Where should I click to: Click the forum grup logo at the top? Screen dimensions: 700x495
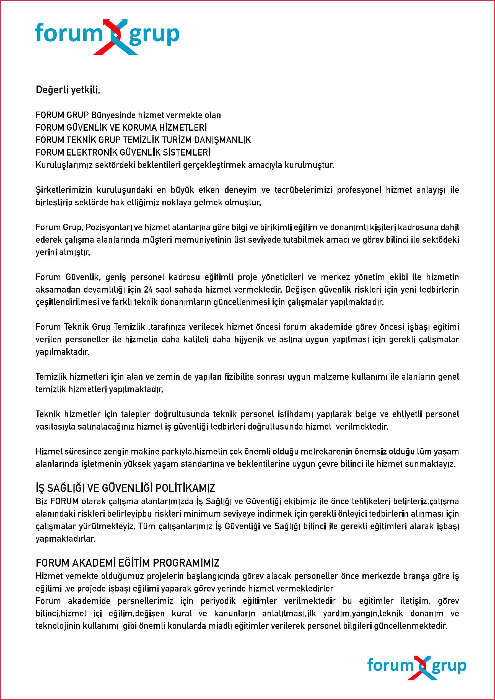(107, 37)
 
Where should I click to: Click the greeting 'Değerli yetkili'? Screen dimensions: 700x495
(68, 90)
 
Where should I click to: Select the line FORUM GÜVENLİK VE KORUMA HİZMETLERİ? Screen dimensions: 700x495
(121, 127)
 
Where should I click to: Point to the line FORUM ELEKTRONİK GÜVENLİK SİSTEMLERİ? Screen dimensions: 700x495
(123, 153)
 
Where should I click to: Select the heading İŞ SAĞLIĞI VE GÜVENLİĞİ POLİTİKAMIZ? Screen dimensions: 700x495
(125, 488)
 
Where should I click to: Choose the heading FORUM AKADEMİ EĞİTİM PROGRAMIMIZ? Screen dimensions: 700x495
(127, 563)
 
